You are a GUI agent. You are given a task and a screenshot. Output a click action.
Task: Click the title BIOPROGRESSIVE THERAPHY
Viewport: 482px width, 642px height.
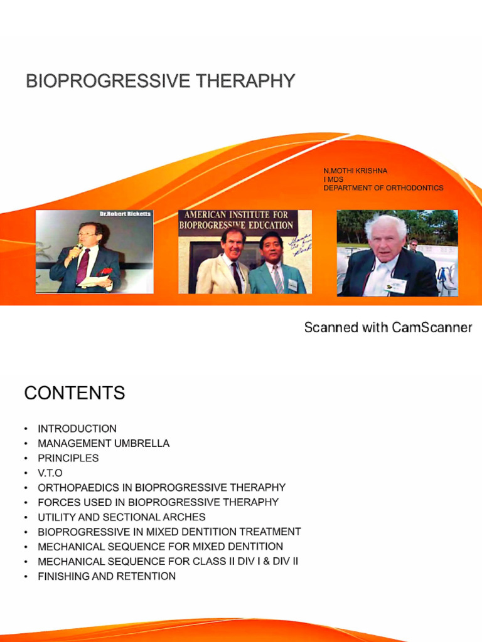[160, 82]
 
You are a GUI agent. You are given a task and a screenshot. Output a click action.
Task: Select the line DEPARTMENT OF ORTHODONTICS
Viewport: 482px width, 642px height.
[383, 188]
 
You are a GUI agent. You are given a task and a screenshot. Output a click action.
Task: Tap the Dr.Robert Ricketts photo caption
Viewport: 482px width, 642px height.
[125, 214]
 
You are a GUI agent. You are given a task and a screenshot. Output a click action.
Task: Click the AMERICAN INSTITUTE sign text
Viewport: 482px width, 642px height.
[236, 219]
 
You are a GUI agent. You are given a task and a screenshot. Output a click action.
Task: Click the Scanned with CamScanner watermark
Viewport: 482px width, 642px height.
[388, 327]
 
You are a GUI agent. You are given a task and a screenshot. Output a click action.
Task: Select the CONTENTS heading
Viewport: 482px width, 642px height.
[74, 393]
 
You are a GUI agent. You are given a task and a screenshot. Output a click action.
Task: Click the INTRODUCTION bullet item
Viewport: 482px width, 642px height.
[77, 429]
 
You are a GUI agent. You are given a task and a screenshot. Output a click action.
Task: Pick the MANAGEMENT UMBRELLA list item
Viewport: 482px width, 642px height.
[104, 443]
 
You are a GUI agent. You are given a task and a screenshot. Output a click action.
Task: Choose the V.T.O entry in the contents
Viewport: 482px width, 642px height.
[50, 473]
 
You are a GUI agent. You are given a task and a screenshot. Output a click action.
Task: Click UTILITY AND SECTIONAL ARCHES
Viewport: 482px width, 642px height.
[122, 517]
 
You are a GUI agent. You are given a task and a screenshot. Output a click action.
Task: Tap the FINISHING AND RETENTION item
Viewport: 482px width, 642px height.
[107, 576]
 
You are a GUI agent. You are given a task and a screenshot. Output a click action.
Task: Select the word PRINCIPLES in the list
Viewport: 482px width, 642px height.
[68, 458]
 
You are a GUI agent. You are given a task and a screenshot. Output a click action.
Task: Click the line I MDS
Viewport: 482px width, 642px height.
[333, 179]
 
